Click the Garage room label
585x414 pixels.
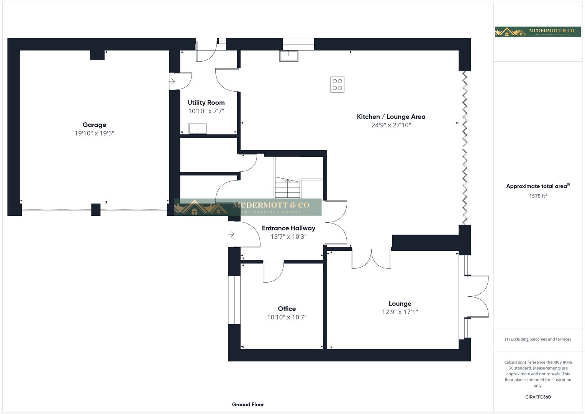pos(94,125)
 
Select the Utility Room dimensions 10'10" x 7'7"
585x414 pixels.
pos(206,111)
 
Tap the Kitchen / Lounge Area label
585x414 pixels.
pos(391,117)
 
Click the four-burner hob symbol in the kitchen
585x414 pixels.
pos(337,84)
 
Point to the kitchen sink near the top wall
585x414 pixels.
pos(288,56)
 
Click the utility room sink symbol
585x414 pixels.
pos(198,128)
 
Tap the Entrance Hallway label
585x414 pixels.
pos(288,228)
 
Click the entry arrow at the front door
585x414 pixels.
pos(231,234)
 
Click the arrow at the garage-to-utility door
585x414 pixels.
pos(172,81)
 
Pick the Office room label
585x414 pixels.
pos(287,309)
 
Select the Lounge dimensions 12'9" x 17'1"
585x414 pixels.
pos(400,312)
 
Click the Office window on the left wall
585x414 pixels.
pos(234,300)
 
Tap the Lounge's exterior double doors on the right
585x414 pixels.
pos(477,296)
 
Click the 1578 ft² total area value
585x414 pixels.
pos(537,196)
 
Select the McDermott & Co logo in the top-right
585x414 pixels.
pos(538,32)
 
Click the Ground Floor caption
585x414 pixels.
pos(248,404)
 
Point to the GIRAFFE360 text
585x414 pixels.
pos(537,397)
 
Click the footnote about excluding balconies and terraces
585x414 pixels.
pos(537,339)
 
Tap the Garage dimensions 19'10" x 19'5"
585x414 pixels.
pos(94,133)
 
